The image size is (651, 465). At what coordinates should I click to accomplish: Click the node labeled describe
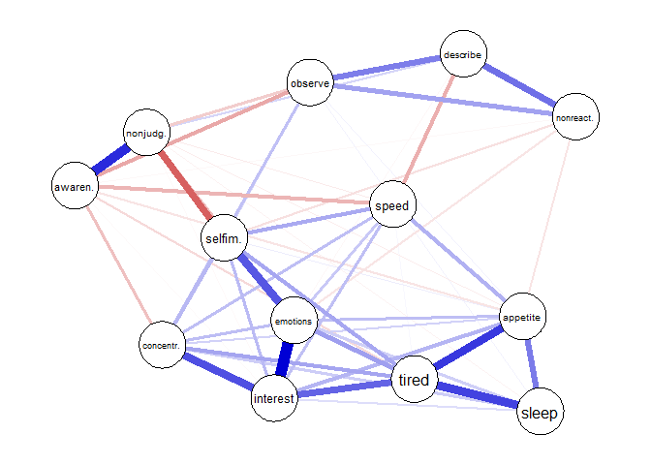[x=463, y=54]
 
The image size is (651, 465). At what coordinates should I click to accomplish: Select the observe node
[x=311, y=83]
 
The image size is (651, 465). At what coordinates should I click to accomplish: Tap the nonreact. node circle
[x=575, y=118]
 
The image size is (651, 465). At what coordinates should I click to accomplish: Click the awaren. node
[x=74, y=186]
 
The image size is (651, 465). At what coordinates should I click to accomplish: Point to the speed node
[x=393, y=205]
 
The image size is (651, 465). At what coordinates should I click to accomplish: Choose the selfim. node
[x=225, y=237]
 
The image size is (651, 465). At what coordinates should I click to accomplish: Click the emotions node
[x=293, y=321]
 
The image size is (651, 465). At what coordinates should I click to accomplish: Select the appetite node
[x=523, y=317]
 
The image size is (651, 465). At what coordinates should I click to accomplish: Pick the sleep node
[x=540, y=414]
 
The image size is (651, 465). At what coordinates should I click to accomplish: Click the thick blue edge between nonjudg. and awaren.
[x=111, y=160]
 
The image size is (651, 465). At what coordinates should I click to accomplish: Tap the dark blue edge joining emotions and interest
[x=284, y=359]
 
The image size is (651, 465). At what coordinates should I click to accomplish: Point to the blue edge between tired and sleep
[x=477, y=397]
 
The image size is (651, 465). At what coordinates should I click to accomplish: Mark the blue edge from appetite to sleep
[x=532, y=365]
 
